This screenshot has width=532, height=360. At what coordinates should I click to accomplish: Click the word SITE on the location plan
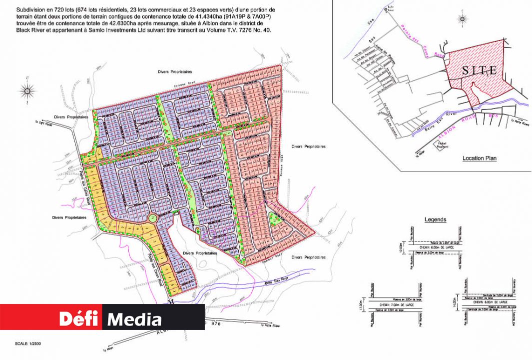tap(479, 70)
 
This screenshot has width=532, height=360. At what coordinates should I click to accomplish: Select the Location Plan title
tap(479, 158)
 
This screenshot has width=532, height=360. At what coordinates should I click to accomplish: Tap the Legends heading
tap(435, 219)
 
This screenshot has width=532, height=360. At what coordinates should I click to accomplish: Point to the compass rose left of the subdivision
tap(26, 90)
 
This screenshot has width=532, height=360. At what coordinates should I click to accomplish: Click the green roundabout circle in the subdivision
tap(153, 218)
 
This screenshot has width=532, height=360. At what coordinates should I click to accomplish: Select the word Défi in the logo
tap(79, 318)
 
